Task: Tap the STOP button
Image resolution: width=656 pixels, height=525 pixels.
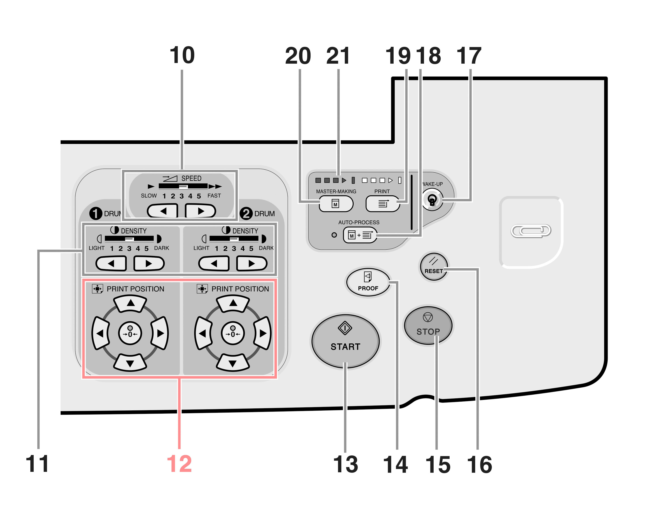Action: pos(428,326)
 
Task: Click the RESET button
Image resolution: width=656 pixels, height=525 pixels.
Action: pos(434,267)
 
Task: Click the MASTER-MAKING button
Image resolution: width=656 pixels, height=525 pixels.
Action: pos(336,204)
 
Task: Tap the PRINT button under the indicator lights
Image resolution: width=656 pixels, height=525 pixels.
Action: pos(382,204)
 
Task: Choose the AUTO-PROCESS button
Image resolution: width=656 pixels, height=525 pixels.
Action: pos(360,235)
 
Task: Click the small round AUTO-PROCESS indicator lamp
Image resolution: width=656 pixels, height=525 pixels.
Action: pos(334,235)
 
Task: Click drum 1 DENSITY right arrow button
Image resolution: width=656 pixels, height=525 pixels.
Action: pos(149,264)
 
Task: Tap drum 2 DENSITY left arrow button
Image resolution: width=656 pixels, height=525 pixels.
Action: pos(214,264)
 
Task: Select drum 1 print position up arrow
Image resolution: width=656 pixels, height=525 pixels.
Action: pos(131,304)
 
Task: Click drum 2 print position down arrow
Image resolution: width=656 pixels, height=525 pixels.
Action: pos(233,362)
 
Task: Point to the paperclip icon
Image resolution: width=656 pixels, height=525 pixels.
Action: pos(531,231)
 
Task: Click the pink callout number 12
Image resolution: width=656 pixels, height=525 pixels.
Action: pos(180,464)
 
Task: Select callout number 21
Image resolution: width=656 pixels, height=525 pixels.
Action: pos(338,56)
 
